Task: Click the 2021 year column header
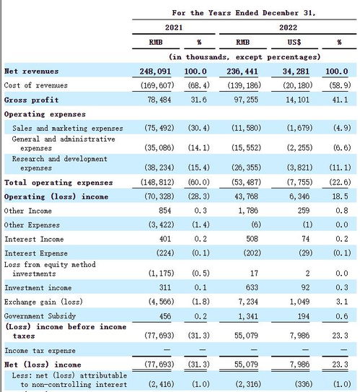pos(174,27)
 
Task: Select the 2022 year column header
pos(288,27)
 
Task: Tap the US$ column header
pos(294,42)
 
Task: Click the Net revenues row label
pos(32,71)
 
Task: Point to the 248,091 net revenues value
pos(155,71)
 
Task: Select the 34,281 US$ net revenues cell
pos(296,71)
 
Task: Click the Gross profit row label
pos(32,100)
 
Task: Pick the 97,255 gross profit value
pos(246,100)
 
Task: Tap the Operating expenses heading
pos(45,114)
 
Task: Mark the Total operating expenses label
pos(58,183)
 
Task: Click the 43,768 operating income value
pos(246,196)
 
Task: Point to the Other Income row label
pos(28,211)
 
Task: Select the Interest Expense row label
pos(36,253)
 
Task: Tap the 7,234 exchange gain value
pos(248,302)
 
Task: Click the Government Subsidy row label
pos(40,316)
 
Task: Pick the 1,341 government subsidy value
pos(248,316)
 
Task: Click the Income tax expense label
pos(40,351)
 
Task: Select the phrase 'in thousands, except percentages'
pos(245,57)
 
